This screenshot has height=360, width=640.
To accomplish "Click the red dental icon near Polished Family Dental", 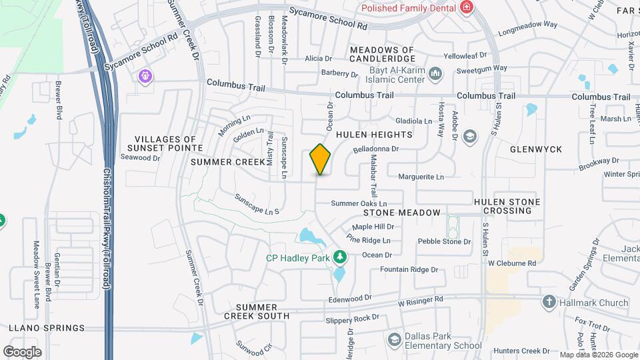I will [467, 7].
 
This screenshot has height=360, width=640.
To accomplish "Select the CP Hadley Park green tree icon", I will [340, 257].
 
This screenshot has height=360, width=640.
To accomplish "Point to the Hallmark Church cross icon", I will [549, 302].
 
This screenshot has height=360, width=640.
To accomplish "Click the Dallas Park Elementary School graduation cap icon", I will [395, 341].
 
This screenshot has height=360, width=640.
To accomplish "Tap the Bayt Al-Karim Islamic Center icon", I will [435, 72].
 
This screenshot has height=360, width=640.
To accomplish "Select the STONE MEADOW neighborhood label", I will [402, 213].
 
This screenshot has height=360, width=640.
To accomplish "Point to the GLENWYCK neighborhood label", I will [536, 149].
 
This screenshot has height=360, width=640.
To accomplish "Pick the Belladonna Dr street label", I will [375, 150].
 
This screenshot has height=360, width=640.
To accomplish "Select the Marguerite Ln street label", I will [421, 177].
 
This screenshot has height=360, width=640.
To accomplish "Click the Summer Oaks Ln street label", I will [359, 203].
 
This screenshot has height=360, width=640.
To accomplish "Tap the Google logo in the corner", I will [22, 351].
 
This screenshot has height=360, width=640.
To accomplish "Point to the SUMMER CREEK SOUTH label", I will [257, 311].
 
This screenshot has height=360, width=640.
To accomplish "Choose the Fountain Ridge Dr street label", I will [409, 270].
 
